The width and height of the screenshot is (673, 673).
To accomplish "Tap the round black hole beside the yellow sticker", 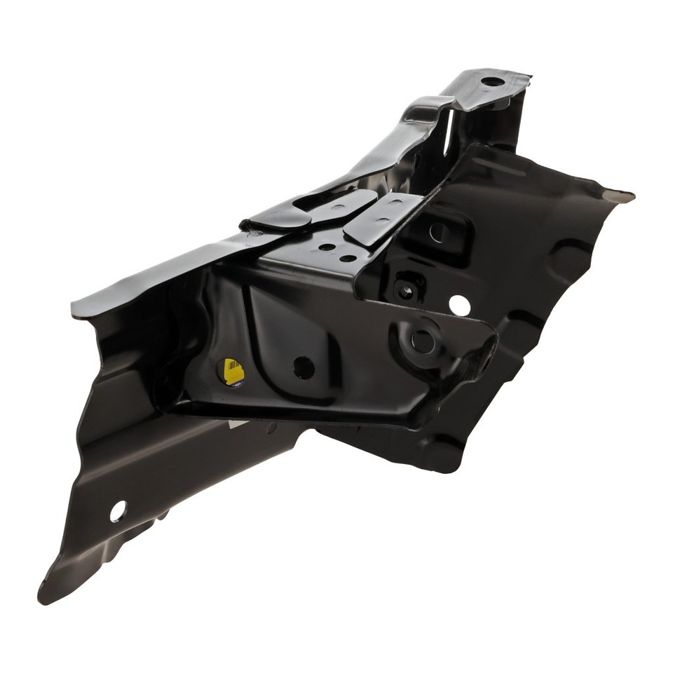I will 303,366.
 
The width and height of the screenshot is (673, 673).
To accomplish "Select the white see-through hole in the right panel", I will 459,304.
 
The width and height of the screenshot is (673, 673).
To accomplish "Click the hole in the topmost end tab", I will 491,81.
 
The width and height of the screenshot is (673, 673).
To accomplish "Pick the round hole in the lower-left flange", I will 118,511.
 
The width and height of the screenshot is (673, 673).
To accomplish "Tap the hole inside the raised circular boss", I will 422,341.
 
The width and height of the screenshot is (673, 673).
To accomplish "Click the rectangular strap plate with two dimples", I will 383,218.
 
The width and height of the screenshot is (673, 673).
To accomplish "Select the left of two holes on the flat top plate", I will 327,247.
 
